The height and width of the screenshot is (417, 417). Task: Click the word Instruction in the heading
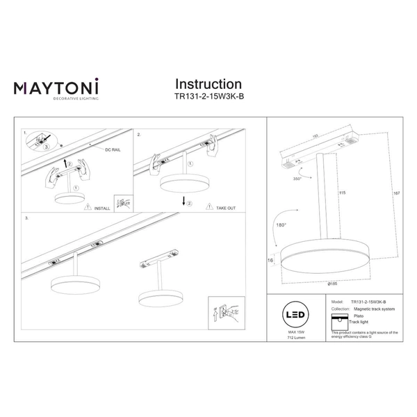(208, 84)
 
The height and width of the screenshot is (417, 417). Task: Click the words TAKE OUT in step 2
(225, 207)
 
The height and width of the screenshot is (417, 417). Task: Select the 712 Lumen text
(293, 338)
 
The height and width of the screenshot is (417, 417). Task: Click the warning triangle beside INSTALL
(85, 207)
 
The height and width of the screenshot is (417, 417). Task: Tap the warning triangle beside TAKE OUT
(208, 207)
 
